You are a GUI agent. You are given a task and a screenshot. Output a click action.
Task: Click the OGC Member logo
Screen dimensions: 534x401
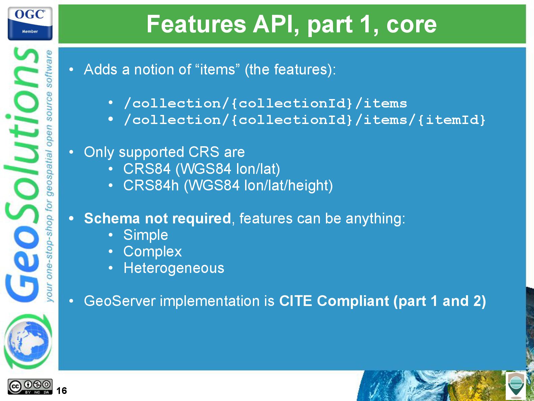(x=30, y=23)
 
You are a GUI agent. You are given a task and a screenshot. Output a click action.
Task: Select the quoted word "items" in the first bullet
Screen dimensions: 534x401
(x=217, y=69)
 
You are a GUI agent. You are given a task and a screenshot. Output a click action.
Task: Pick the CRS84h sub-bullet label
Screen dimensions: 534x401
(x=151, y=186)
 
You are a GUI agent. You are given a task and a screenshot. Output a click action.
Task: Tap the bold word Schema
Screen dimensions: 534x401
(x=112, y=218)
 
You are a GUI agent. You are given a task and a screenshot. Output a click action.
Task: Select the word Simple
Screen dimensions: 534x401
(x=145, y=235)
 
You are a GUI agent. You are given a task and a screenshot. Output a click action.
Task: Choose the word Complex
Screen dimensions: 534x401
(x=153, y=251)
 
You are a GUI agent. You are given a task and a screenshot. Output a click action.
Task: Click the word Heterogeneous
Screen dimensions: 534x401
(x=174, y=268)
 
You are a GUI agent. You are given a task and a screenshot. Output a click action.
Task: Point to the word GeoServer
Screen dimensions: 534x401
(x=120, y=301)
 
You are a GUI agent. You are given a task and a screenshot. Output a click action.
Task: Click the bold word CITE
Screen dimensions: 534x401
(x=295, y=301)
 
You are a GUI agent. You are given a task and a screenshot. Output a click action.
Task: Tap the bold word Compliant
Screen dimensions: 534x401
(x=353, y=301)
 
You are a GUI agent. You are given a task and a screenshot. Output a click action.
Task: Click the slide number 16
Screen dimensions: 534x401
(x=62, y=391)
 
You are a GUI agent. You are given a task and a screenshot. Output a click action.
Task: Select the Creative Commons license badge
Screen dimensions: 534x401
(x=30, y=387)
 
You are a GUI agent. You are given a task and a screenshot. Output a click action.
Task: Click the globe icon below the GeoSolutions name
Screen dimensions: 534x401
(x=28, y=341)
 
